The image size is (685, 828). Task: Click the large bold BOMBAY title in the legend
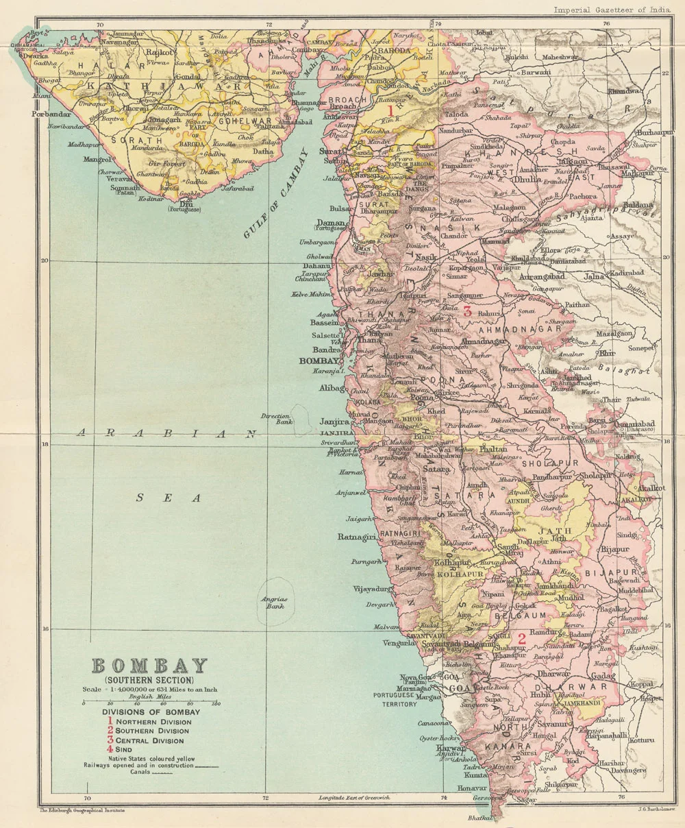149,666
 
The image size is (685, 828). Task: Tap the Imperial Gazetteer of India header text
611,10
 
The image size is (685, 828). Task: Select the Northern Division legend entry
153,722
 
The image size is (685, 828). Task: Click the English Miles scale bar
151,703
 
